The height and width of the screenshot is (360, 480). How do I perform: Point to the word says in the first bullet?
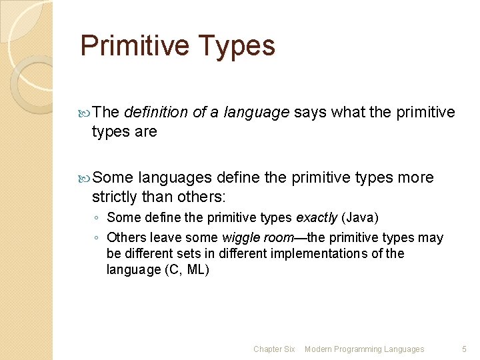pyautogui.click(x=311, y=113)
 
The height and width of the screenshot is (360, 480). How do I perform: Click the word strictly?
pyautogui.click(x=114, y=197)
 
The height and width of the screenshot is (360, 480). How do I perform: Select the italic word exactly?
pyautogui.click(x=317, y=217)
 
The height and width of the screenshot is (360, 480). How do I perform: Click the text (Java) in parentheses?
pyautogui.click(x=361, y=217)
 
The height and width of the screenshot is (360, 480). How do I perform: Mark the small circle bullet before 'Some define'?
pyautogui.click(x=97, y=218)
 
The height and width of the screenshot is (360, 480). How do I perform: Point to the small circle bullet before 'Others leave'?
pyautogui.click(x=97, y=238)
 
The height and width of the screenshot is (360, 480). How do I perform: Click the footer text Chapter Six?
pyautogui.click(x=274, y=349)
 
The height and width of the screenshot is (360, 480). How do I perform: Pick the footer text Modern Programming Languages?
pyautogui.click(x=364, y=349)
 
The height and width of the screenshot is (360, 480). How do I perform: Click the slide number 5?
pyautogui.click(x=465, y=349)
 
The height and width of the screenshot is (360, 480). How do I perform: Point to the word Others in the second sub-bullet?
pyautogui.click(x=124, y=238)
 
